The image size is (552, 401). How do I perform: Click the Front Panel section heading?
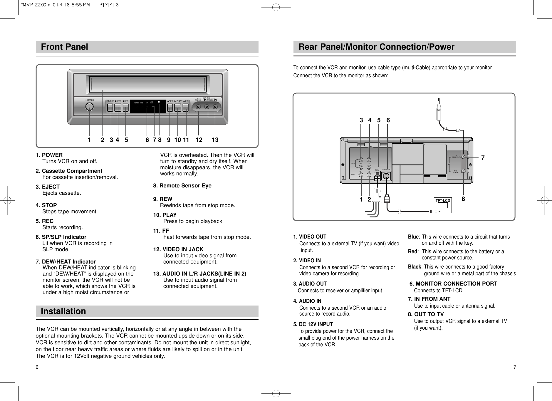[65, 47]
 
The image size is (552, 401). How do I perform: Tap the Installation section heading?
[63, 311]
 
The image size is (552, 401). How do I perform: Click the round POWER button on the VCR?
[89, 107]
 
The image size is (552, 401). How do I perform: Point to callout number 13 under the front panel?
[215, 140]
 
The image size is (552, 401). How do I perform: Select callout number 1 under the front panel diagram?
[89, 140]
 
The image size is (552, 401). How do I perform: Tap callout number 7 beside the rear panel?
[483, 158]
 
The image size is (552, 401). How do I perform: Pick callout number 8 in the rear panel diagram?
[463, 199]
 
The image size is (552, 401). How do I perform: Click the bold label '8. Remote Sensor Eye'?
[182, 186]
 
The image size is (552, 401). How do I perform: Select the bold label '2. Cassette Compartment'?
[69, 171]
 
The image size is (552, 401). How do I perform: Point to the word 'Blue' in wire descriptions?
[413, 237]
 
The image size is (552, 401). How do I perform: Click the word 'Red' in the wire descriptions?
[412, 251]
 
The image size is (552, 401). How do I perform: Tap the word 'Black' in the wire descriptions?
[414, 267]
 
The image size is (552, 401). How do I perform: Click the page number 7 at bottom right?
[514, 367]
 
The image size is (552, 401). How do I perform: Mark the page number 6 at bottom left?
[37, 367]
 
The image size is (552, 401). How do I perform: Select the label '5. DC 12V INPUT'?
[313, 324]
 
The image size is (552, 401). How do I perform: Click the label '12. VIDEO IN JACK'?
[178, 249]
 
